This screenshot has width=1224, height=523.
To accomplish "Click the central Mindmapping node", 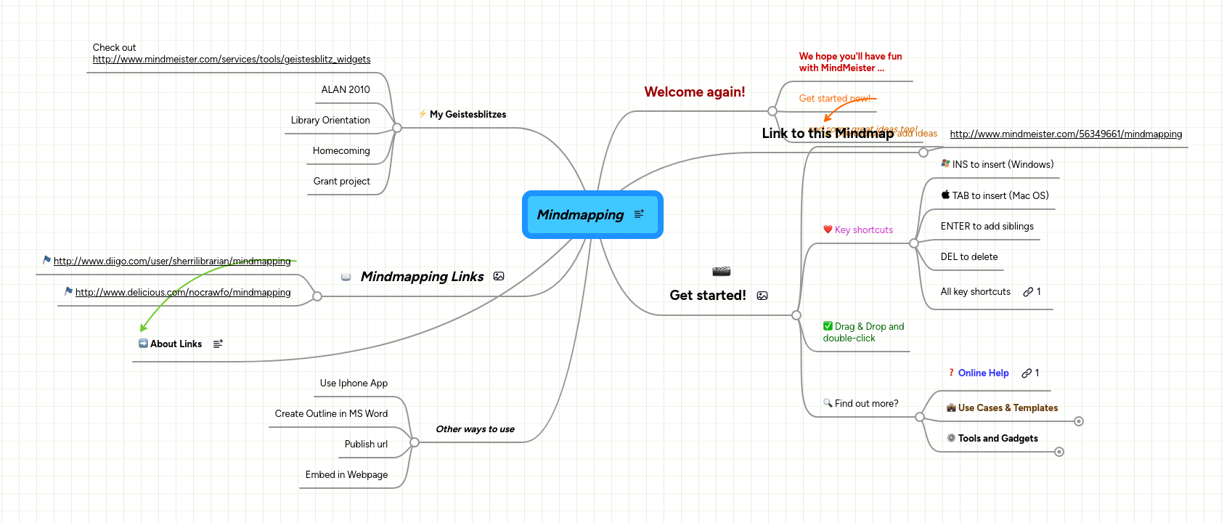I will click(x=581, y=215).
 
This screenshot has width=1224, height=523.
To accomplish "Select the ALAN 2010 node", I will click(x=346, y=89).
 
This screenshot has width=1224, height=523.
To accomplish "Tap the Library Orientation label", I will click(x=330, y=120).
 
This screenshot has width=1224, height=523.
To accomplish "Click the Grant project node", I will click(x=341, y=181).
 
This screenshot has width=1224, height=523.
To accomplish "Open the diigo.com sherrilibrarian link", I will click(x=172, y=261).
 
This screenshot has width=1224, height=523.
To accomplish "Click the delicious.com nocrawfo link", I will click(x=183, y=292).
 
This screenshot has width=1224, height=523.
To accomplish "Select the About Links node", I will click(x=176, y=344).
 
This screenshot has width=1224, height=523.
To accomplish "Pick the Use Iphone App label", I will click(x=354, y=383).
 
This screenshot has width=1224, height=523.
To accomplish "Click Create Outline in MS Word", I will click(x=331, y=413).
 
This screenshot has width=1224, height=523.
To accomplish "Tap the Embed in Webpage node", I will click(x=346, y=474).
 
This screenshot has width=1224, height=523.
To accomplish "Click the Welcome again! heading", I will click(x=695, y=92).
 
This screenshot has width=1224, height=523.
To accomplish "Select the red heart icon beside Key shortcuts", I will click(x=828, y=230).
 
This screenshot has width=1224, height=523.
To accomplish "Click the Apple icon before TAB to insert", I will click(x=945, y=195).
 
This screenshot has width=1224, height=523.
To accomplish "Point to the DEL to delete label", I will click(x=969, y=256).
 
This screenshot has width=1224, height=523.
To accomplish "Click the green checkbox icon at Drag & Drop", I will click(x=828, y=326).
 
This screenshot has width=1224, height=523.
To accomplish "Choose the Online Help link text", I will click(x=983, y=373).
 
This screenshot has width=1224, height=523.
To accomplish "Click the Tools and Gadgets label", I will click(x=997, y=438).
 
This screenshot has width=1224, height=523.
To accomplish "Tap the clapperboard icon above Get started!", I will click(x=721, y=272).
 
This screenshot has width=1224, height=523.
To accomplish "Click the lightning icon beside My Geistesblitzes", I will click(x=423, y=114).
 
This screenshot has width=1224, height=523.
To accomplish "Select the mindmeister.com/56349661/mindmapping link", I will click(x=1066, y=134).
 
